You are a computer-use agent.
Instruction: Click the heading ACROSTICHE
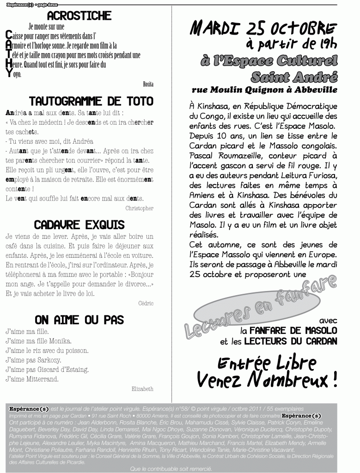(x=79, y=16)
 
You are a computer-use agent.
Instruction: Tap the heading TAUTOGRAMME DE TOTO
(x=91, y=101)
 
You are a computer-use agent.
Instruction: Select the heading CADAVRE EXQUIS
(x=79, y=224)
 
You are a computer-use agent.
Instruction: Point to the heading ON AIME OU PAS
(x=79, y=320)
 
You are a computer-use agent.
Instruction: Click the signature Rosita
(x=148, y=84)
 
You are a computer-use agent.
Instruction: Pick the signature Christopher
(x=139, y=208)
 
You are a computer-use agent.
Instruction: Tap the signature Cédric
(x=146, y=303)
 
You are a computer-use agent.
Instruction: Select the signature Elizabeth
(x=142, y=389)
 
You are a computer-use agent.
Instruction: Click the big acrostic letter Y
(x=9, y=74)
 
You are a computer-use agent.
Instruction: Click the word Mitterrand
(x=43, y=379)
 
